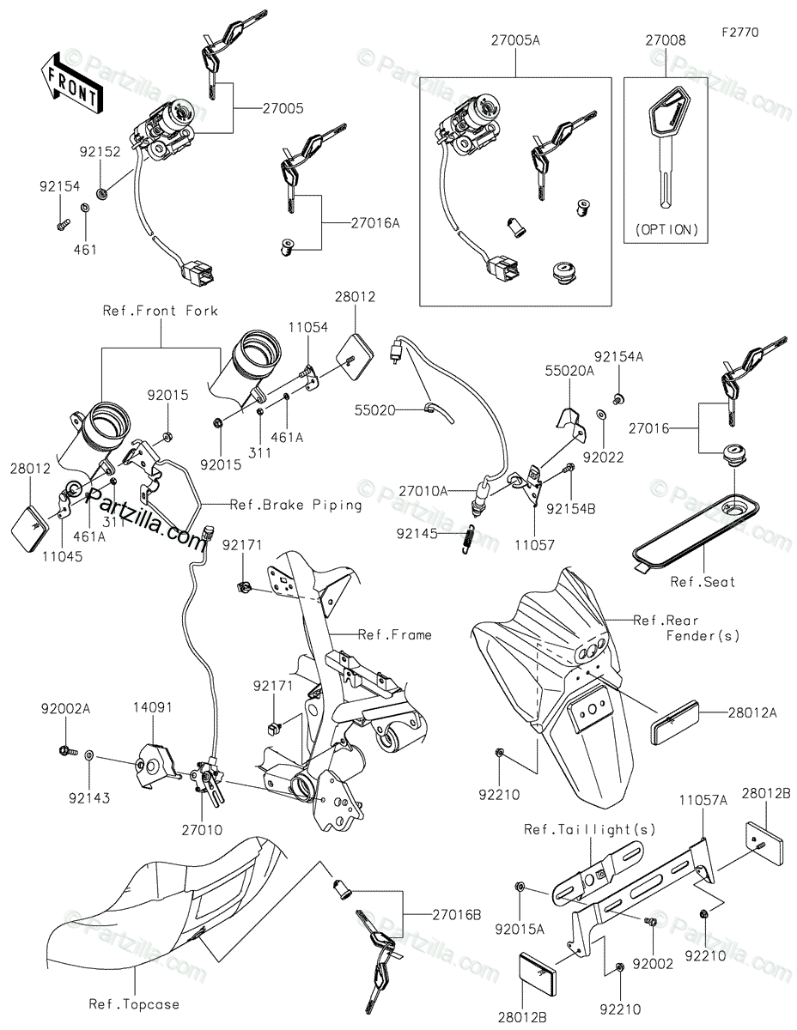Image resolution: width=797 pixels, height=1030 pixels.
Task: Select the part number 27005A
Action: tap(515, 41)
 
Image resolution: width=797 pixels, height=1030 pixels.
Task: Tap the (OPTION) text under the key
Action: tap(666, 230)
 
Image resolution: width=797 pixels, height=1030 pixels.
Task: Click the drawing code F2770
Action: tap(739, 32)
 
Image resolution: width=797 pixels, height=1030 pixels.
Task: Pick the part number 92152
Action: tap(100, 148)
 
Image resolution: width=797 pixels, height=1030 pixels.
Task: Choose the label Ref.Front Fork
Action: tap(161, 311)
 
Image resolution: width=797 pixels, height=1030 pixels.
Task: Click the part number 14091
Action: tap(152, 709)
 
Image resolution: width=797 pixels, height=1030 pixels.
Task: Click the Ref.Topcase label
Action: tap(134, 1003)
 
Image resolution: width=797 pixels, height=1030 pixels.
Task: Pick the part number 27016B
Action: tap(456, 915)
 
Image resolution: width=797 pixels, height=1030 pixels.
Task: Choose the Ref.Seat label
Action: tap(703, 582)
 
